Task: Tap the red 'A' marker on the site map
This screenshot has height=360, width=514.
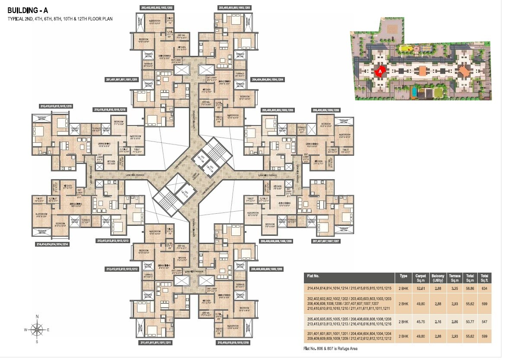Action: (x=380, y=71)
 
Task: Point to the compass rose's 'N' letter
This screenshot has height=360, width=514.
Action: (x=38, y=316)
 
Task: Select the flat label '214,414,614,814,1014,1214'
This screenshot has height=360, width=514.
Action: (x=57, y=244)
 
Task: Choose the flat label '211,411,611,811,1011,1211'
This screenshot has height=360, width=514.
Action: (x=156, y=343)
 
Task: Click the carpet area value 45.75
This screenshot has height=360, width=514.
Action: (x=420, y=321)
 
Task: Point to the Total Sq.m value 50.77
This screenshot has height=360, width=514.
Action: (x=469, y=321)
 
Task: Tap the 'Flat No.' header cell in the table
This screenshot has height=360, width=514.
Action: (x=313, y=276)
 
